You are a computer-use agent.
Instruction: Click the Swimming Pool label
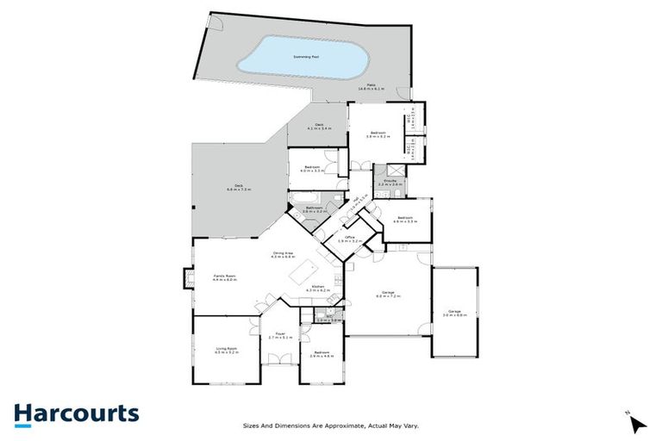(307, 56)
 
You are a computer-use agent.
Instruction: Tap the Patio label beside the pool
(372, 86)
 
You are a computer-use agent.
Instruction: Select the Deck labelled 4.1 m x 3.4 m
(319, 126)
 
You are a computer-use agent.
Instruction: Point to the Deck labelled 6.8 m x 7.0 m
(239, 186)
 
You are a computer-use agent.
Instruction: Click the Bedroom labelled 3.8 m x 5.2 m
(378, 133)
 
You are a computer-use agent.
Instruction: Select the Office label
(350, 238)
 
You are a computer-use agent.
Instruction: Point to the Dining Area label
(283, 254)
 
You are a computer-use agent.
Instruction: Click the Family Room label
(225, 276)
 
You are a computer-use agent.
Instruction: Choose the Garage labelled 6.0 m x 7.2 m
(384, 294)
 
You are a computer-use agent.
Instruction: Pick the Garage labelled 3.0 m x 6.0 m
(454, 312)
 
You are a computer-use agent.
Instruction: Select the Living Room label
(225, 350)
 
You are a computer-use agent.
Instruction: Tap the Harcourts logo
(76, 413)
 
